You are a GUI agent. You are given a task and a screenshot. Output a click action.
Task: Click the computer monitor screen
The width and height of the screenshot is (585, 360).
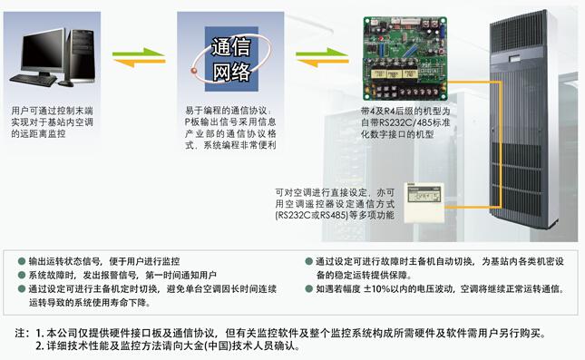pos(43,52)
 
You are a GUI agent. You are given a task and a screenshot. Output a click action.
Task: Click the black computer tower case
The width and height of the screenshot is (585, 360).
pos(81,56)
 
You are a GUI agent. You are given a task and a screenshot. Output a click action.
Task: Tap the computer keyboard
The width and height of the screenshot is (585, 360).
pos(34,80)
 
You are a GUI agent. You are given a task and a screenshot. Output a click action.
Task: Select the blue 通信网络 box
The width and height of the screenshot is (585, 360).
pos(231,59)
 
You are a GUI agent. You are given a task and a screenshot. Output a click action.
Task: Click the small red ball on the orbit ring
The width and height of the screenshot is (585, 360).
pos(194,71)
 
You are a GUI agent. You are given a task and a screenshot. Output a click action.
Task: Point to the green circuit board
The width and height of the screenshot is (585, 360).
pos(405,59)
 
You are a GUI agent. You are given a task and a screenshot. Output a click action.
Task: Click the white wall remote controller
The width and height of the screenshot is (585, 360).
pos(424,202)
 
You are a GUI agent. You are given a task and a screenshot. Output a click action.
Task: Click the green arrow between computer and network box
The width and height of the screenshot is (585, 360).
pos(139,54)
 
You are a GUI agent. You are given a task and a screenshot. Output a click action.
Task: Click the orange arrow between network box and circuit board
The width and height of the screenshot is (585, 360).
pos(322,63)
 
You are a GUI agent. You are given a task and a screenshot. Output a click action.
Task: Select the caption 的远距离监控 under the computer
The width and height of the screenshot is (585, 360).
pos(38,134)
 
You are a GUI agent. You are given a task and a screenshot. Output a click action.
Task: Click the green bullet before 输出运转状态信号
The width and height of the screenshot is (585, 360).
pos(22,261)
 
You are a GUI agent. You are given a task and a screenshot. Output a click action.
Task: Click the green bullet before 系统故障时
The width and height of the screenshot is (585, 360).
pos(22,275)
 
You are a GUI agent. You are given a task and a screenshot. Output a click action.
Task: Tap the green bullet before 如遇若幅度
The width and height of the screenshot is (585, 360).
pos(308,288)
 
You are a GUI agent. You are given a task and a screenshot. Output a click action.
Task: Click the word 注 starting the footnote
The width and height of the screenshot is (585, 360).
pos(20,333)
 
